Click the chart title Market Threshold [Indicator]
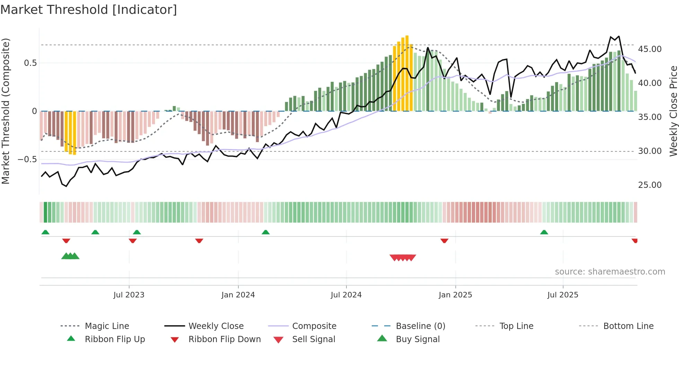[89, 10]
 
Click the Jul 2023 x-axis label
[129, 295]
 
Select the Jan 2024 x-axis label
[238, 295]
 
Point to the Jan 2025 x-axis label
[455, 295]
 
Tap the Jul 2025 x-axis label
[563, 295]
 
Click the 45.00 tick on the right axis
[650, 49]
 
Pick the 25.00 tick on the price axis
[650, 185]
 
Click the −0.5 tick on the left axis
[27, 159]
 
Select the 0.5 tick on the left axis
[30, 63]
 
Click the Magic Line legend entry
[107, 326]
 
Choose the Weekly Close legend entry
[216, 326]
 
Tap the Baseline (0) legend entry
[420, 326]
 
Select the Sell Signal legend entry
[314, 339]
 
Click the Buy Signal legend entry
[417, 339]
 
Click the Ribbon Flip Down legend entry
[224, 339]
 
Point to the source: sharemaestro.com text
[610, 272]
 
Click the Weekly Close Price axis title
[673, 111]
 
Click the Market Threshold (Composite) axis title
[6, 111]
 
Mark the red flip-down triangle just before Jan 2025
[444, 241]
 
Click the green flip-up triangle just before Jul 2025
[544, 232]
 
